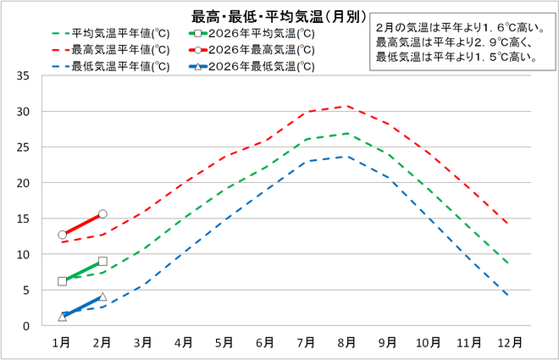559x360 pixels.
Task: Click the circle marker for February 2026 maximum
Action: click(x=102, y=214)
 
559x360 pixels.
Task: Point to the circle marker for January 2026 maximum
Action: click(x=62, y=235)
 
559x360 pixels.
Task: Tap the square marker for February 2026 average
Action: click(x=102, y=262)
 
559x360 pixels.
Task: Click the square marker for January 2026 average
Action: click(x=62, y=281)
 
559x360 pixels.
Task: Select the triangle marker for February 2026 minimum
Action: click(x=102, y=296)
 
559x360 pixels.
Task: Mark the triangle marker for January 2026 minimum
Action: click(x=62, y=317)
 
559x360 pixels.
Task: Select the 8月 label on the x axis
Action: click(x=346, y=342)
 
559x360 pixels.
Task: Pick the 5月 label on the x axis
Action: click(x=224, y=342)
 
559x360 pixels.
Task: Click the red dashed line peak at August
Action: click(x=346, y=106)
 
